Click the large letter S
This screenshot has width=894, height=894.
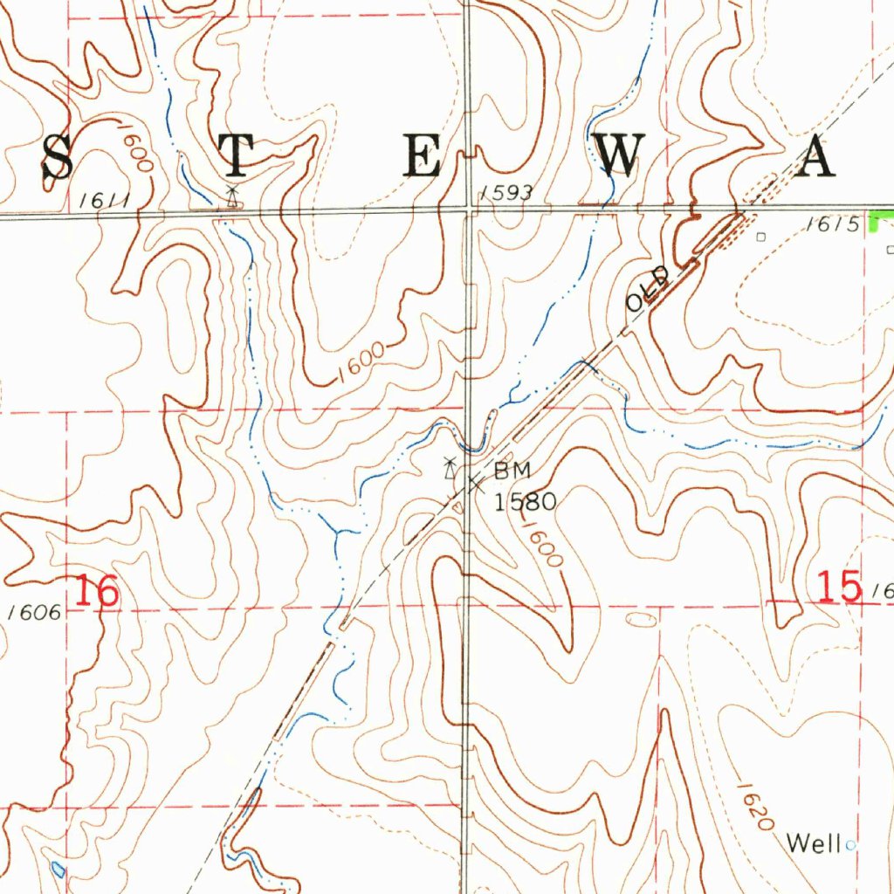coord(58,157)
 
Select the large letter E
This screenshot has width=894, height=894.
coord(421,157)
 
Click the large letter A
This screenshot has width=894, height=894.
coord(817,158)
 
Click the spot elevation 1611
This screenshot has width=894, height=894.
coord(103,202)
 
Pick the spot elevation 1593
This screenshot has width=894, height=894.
coord(505,193)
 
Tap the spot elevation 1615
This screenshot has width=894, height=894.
coord(833,224)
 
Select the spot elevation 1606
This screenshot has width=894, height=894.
coord(35,613)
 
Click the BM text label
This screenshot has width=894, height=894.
coord(512,471)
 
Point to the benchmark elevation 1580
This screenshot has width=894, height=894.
coord(524,502)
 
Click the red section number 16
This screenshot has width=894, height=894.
coord(95,593)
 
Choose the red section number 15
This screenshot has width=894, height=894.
coord(840,587)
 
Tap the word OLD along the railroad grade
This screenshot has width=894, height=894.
coord(647,290)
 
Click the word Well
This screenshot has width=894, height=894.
coord(813,843)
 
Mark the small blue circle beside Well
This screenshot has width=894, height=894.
coord(850,844)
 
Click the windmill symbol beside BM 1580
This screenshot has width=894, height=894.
coord(449,469)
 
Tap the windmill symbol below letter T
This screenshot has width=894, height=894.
coord(231,197)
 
